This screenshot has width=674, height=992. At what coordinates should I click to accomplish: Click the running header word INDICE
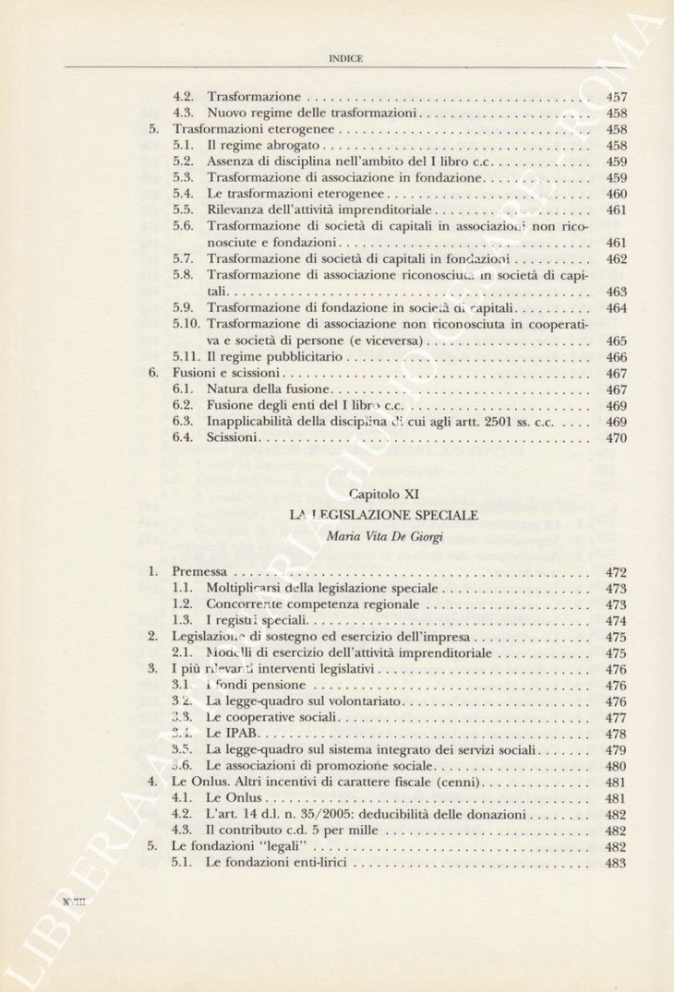coord(345,58)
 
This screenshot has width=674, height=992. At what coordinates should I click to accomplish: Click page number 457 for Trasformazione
coord(616,97)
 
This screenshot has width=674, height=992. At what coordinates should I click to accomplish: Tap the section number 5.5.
coord(182,210)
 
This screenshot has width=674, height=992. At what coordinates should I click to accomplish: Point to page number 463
coord(616,292)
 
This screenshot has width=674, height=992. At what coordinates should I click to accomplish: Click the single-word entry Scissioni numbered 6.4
coord(232,437)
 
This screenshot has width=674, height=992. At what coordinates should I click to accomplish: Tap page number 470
coord(616,438)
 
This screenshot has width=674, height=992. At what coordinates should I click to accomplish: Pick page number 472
coord(616,572)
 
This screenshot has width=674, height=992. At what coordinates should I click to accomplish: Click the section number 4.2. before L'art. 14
coord(182,815)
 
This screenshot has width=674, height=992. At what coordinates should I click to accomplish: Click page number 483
coord(616,864)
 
